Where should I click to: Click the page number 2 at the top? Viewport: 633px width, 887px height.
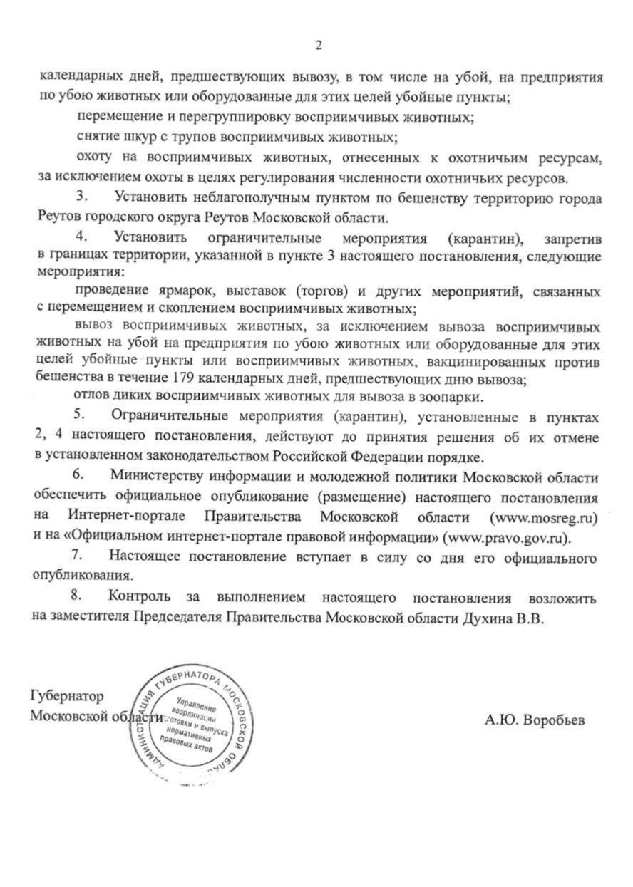(x=319, y=46)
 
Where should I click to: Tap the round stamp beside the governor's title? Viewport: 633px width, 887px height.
(x=195, y=722)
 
